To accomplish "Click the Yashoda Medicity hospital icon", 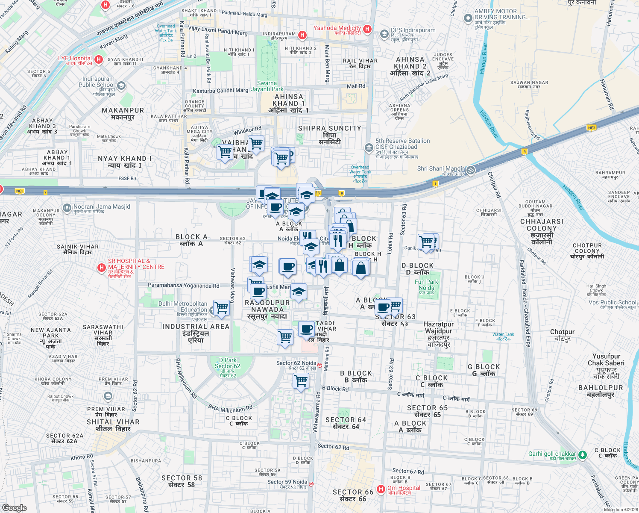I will [x=367, y=29].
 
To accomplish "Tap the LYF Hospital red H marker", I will [x=99, y=59].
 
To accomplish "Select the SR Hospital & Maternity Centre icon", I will [x=101, y=268].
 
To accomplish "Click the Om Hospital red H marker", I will [x=381, y=489].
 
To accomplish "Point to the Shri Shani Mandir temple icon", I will [x=470, y=170].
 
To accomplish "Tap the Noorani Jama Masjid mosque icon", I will [x=67, y=208].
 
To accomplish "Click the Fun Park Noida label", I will [x=426, y=285].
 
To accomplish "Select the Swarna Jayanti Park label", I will [x=267, y=86].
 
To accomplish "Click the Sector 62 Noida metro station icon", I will [x=319, y=365].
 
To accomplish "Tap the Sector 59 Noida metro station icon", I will [x=311, y=484].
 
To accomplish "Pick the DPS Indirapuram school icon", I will [x=384, y=34].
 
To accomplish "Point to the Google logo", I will [x=15, y=507].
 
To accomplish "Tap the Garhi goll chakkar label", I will [x=552, y=454].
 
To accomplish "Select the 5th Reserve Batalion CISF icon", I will [x=369, y=148].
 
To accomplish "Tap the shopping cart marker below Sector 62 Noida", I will [x=301, y=380].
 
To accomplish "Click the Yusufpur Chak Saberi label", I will [x=606, y=363].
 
